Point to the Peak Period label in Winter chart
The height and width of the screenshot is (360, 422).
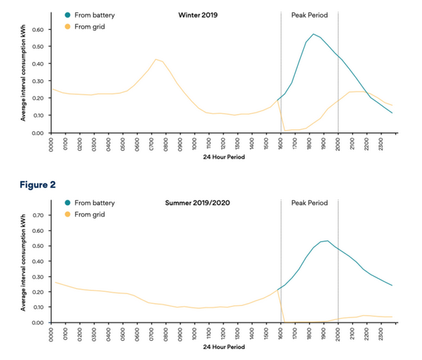click(x=309, y=14)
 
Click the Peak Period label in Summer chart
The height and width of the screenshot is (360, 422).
click(x=309, y=203)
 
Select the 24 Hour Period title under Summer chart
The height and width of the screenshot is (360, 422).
click(x=223, y=347)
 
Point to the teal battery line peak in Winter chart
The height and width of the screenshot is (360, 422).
click(x=313, y=34)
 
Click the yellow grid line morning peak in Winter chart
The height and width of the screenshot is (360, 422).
click(x=156, y=59)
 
